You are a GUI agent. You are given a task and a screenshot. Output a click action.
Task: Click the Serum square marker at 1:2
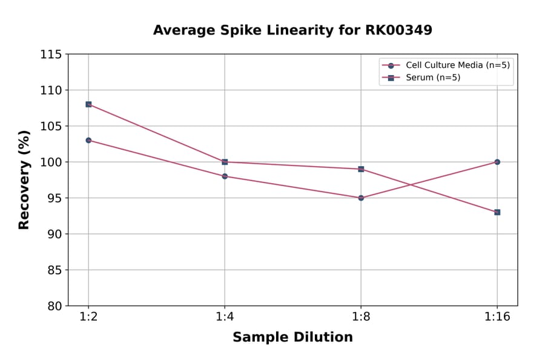(x=88, y=104)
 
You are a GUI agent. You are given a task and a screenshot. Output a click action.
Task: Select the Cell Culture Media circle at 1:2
(x=88, y=140)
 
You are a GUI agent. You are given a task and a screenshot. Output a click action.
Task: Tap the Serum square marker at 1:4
(x=225, y=162)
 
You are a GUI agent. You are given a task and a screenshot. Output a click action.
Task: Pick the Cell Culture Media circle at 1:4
(x=225, y=176)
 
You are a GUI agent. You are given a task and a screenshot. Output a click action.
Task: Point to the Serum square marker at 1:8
(x=361, y=169)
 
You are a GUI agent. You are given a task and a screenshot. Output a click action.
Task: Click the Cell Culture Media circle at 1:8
(x=361, y=198)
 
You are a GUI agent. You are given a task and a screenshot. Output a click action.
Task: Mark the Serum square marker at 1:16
(x=497, y=212)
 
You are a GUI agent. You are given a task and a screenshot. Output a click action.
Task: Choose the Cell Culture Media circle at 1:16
(x=497, y=162)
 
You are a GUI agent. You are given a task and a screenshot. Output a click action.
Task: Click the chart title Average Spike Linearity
(x=292, y=30)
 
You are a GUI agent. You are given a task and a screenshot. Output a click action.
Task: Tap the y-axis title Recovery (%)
(x=24, y=179)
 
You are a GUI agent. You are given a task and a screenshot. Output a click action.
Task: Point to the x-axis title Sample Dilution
(x=292, y=338)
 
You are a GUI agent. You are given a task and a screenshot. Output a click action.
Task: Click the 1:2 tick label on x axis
(x=88, y=318)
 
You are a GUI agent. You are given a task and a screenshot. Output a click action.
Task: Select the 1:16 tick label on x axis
(x=497, y=318)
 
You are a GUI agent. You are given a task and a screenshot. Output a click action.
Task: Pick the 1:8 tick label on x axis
(x=361, y=318)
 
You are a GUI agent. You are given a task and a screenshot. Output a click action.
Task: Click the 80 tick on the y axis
(x=54, y=306)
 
